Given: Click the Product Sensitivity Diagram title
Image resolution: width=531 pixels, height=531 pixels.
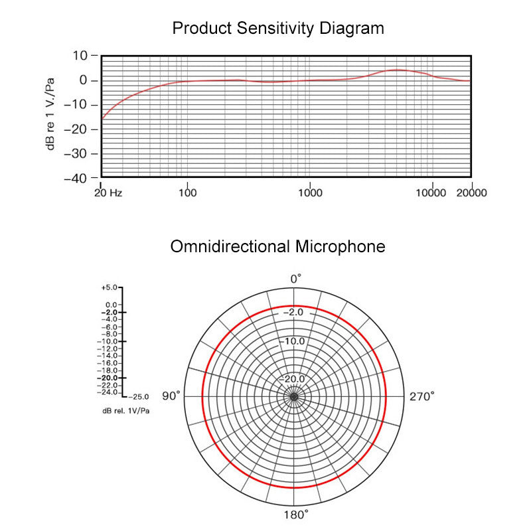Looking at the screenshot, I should [x=277, y=29].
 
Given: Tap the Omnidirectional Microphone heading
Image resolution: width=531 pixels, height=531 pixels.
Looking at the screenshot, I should [x=277, y=247].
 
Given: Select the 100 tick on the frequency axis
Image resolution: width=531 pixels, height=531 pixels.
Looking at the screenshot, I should [x=188, y=193].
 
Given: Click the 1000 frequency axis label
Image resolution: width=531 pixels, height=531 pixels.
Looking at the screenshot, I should [x=310, y=193].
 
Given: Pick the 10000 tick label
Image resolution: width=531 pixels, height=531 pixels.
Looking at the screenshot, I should [x=431, y=193].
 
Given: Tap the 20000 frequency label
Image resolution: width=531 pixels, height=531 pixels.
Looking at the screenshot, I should [x=471, y=193].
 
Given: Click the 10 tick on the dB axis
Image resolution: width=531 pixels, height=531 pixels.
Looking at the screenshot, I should [x=80, y=56].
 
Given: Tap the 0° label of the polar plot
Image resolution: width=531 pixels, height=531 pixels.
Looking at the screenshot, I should [x=296, y=279].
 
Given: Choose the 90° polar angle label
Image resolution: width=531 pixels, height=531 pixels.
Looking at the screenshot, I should [x=171, y=396].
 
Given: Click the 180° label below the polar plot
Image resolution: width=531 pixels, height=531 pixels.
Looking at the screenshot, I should [x=296, y=514].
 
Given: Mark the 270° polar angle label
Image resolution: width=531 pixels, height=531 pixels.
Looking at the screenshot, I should [x=422, y=396].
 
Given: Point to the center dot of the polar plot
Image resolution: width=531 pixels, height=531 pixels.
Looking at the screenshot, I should [x=293, y=397].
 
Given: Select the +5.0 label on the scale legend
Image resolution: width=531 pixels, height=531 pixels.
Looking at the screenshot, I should [x=109, y=288].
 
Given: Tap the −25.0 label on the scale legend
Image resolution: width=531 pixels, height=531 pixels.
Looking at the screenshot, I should [x=138, y=396].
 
